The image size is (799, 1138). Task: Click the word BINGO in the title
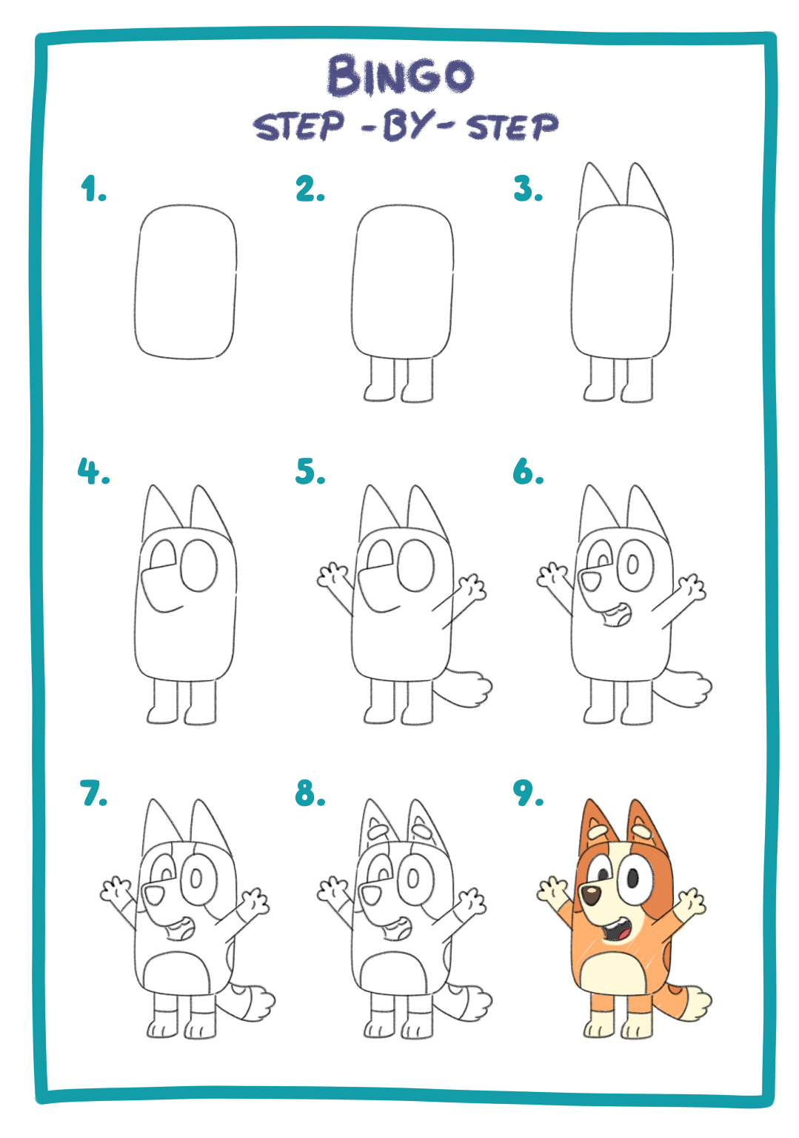[400, 76]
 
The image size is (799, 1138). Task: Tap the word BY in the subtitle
[402, 125]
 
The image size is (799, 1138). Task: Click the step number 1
[93, 188]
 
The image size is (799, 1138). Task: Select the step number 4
[93, 470]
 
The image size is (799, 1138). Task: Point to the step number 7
[93, 793]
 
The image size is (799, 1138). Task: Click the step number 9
[528, 793]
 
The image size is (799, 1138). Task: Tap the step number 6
[528, 470]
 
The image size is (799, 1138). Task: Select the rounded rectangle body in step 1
[185, 282]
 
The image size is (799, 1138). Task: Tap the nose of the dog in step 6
[591, 579]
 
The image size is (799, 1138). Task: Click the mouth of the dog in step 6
[616, 616]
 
